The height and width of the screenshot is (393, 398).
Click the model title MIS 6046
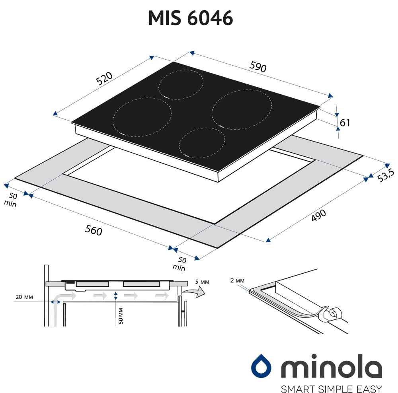tap(191, 18)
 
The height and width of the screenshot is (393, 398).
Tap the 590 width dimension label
tap(258, 67)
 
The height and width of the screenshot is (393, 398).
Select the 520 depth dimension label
tap(104, 78)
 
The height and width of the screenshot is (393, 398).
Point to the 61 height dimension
tap(345, 123)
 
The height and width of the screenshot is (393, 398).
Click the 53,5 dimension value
tap(386, 175)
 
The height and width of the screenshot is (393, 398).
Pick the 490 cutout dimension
tap(318, 215)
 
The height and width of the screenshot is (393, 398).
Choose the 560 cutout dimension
tap(94, 230)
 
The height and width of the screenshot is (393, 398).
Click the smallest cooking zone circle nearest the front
tap(202, 143)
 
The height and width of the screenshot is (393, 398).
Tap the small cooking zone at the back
tap(181, 84)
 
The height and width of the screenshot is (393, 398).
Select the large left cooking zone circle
tap(142, 117)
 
